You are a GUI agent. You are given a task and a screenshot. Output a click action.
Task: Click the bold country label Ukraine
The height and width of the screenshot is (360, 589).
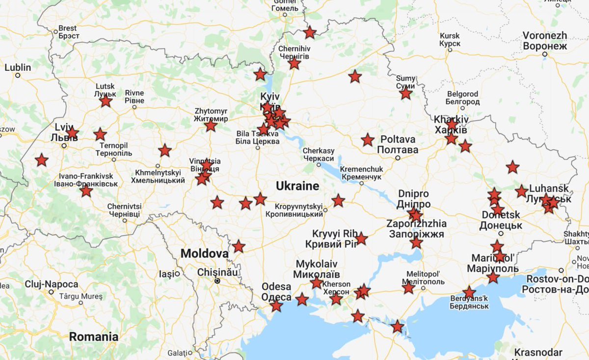297,186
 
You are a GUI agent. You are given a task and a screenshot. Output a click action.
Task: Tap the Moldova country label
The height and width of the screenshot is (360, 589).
204,253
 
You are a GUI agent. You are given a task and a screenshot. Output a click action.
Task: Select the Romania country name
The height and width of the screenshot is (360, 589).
93,336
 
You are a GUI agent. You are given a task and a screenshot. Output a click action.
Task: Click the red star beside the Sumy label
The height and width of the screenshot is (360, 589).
405,93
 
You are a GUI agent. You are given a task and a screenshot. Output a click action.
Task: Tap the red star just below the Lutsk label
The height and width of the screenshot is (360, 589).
106,102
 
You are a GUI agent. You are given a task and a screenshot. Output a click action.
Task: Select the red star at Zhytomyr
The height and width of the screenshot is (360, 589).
211,126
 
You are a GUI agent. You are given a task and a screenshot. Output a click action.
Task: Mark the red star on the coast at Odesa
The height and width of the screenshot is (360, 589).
276,306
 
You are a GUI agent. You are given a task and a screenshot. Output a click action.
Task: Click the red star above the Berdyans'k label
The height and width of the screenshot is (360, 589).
469,293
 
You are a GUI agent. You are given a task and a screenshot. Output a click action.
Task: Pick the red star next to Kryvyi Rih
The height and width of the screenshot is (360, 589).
361,239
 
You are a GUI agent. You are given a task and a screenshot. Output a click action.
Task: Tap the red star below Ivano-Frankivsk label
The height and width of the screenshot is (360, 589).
86,191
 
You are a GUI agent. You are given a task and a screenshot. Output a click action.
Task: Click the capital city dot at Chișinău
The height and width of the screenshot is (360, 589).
216,281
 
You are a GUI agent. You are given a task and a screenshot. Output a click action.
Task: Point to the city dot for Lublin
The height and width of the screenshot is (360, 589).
18,76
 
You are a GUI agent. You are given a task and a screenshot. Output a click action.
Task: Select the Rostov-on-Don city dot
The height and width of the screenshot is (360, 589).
561,270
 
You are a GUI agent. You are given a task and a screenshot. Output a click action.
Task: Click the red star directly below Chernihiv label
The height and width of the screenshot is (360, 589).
294,64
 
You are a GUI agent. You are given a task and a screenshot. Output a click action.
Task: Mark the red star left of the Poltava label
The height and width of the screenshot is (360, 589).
368,140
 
